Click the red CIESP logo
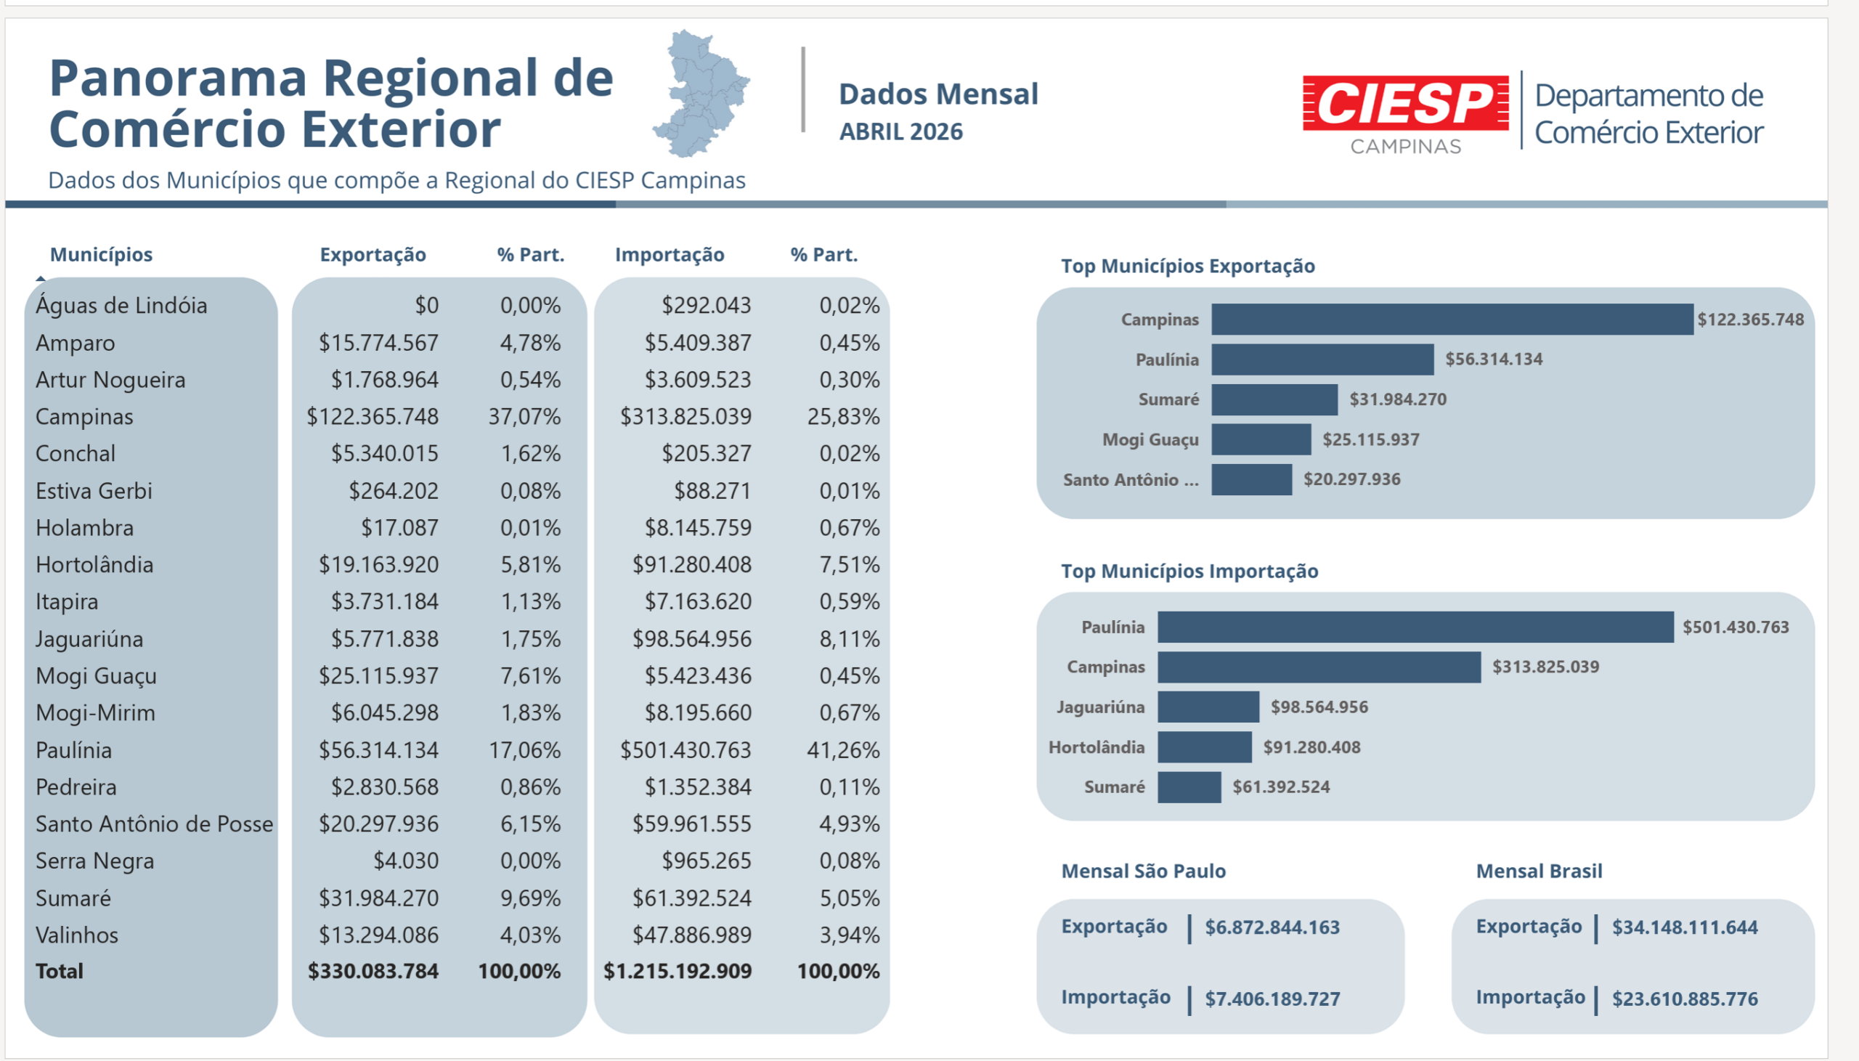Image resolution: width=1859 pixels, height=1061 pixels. pyautogui.click(x=1405, y=103)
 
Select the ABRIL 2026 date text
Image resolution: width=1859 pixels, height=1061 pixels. pyautogui.click(x=900, y=132)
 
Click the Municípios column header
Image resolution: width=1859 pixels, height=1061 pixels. pyautogui.click(x=101, y=254)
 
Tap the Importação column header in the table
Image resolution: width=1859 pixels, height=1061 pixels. pyautogui.click(x=670, y=254)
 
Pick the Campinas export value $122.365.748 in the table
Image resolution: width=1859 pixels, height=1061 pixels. pyautogui.click(x=373, y=416)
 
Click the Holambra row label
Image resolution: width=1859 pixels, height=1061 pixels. pyautogui.click(x=84, y=527)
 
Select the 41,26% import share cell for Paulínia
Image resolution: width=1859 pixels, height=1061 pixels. pyautogui.click(x=843, y=750)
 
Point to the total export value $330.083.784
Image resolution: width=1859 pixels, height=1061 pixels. pyautogui.click(x=373, y=972)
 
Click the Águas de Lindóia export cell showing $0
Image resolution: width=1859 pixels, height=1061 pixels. pyautogui.click(x=427, y=305)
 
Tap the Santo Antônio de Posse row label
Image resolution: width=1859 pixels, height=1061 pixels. pyautogui.click(x=155, y=824)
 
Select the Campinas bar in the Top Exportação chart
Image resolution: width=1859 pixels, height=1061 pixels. pyautogui.click(x=1452, y=320)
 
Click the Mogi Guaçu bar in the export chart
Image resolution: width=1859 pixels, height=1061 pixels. pyautogui.click(x=1261, y=439)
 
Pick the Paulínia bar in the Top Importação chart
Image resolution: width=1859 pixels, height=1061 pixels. pyautogui.click(x=1415, y=627)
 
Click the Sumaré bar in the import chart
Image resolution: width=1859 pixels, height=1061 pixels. pyautogui.click(x=1189, y=787)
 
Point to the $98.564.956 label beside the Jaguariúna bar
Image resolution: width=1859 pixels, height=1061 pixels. pyautogui.click(x=1319, y=707)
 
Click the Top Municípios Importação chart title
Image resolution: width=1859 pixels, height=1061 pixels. pyautogui.click(x=1189, y=571)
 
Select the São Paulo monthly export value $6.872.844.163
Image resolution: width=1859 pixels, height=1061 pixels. pyautogui.click(x=1272, y=927)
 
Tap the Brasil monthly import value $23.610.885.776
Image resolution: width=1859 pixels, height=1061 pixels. pyautogui.click(x=1685, y=999)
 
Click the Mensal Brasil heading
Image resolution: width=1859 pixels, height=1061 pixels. pyautogui.click(x=1539, y=871)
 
